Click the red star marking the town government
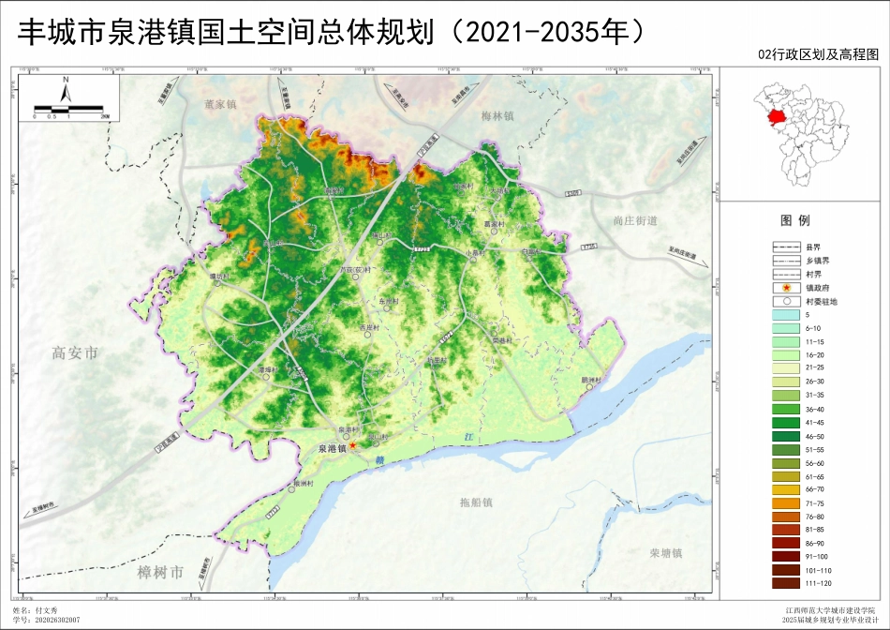[353, 448]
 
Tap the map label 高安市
[75, 353]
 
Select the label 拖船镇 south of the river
[476, 502]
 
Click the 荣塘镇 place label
[667, 553]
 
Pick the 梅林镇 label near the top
[497, 116]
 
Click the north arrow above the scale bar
[66, 91]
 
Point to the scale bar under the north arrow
[69, 110]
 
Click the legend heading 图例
[794, 221]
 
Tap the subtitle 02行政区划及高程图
[820, 55]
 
